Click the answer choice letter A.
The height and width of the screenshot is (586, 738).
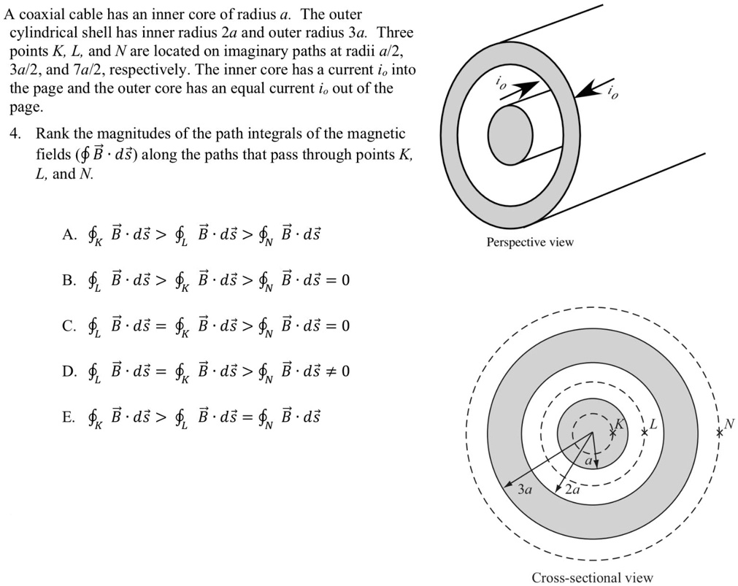(69, 235)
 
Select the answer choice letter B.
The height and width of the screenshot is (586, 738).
(69, 280)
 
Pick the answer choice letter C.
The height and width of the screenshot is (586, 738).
(69, 325)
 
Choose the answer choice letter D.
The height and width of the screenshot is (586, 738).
(69, 371)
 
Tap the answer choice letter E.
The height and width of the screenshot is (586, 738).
(69, 417)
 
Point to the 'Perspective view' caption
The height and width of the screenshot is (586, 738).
(530, 242)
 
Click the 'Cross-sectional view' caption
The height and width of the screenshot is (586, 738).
(592, 578)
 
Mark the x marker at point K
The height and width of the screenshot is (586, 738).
(612, 433)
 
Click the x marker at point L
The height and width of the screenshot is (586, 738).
(644, 432)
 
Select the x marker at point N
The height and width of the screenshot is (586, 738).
(719, 432)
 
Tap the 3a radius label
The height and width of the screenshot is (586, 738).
(524, 490)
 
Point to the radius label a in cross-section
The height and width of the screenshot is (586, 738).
(588, 460)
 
